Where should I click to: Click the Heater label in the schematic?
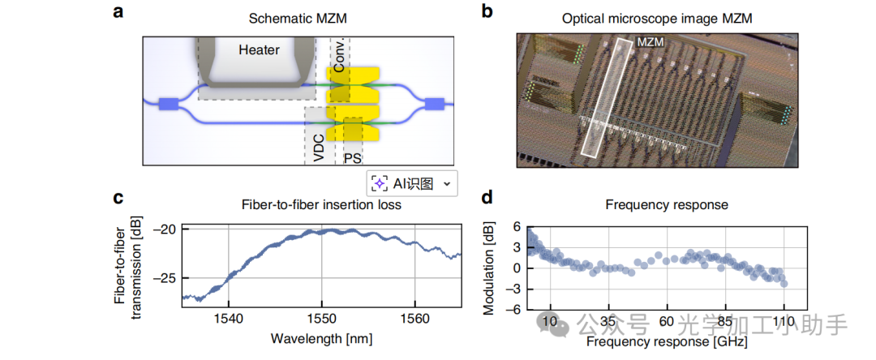click(x=259, y=50)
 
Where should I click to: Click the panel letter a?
click(x=119, y=11)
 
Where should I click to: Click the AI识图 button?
click(x=412, y=183)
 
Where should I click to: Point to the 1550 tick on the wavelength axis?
click(x=322, y=318)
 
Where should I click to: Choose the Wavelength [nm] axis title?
click(x=322, y=337)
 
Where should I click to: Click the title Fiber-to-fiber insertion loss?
click(x=322, y=204)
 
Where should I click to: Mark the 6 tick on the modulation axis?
click(x=517, y=226)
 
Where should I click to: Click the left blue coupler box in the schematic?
click(x=169, y=103)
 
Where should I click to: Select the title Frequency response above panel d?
click(x=655, y=204)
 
